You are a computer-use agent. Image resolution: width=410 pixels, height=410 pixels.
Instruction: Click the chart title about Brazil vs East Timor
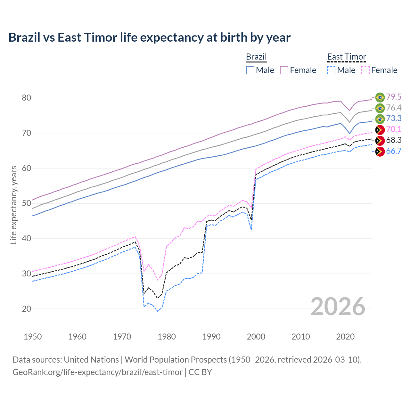149,37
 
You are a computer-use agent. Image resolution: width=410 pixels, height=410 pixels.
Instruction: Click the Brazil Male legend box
250,70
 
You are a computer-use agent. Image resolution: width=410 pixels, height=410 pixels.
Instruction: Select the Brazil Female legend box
284,70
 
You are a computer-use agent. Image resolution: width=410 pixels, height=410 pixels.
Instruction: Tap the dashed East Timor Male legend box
331,70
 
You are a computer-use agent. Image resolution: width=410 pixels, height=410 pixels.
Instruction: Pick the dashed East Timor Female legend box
365,70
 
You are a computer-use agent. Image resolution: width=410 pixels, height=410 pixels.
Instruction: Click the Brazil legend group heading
256,57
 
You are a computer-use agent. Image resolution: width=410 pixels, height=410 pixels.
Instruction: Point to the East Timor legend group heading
346,57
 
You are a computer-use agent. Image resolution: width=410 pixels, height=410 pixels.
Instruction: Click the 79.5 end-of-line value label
394,97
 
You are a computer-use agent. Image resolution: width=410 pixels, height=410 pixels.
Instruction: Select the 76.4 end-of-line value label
394,108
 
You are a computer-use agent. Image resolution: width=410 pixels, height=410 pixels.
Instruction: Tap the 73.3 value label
394,119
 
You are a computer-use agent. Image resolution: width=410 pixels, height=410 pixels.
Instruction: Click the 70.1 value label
394,129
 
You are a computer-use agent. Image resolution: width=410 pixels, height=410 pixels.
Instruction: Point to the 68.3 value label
394,140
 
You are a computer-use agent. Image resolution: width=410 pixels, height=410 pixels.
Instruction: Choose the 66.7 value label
394,151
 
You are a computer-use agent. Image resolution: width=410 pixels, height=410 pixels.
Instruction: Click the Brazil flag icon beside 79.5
380,97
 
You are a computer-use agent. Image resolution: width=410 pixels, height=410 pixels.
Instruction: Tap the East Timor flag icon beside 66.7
380,152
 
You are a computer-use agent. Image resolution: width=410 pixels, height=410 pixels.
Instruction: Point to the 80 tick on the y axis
27,98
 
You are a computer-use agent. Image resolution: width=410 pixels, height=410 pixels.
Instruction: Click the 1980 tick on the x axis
167,337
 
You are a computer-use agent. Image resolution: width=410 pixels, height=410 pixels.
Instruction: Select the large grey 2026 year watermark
338,307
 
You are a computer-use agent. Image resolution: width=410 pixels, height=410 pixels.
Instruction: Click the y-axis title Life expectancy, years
14,205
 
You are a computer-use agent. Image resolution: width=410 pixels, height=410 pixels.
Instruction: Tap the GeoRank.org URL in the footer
97,372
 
